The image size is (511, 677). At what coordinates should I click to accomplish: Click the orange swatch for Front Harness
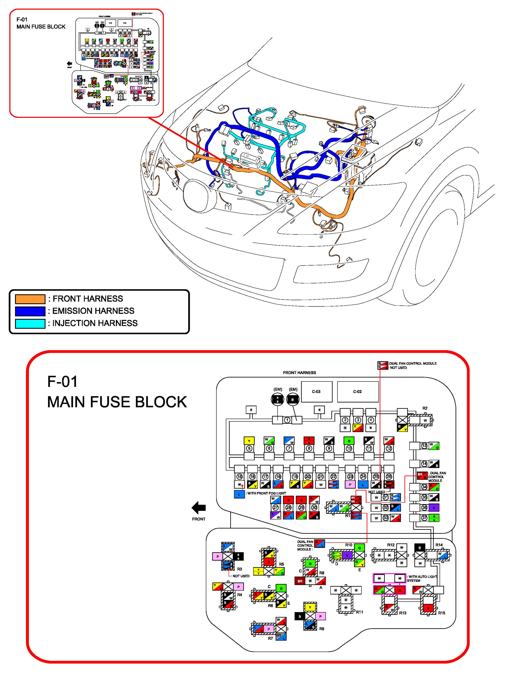(x=30, y=299)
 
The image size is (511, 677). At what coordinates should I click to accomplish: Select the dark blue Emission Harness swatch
(x=30, y=311)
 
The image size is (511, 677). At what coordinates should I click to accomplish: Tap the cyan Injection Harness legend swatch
(x=30, y=323)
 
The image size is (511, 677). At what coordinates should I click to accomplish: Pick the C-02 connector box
(x=357, y=391)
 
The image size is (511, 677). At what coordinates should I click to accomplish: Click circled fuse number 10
(x=349, y=448)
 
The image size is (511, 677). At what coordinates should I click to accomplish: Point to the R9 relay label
(x=321, y=629)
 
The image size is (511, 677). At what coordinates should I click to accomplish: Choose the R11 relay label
(x=359, y=612)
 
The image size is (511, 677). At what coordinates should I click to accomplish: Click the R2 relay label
(x=425, y=408)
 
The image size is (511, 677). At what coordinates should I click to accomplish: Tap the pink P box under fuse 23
(x=350, y=485)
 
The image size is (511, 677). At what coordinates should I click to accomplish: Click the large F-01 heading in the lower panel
(x=63, y=381)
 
